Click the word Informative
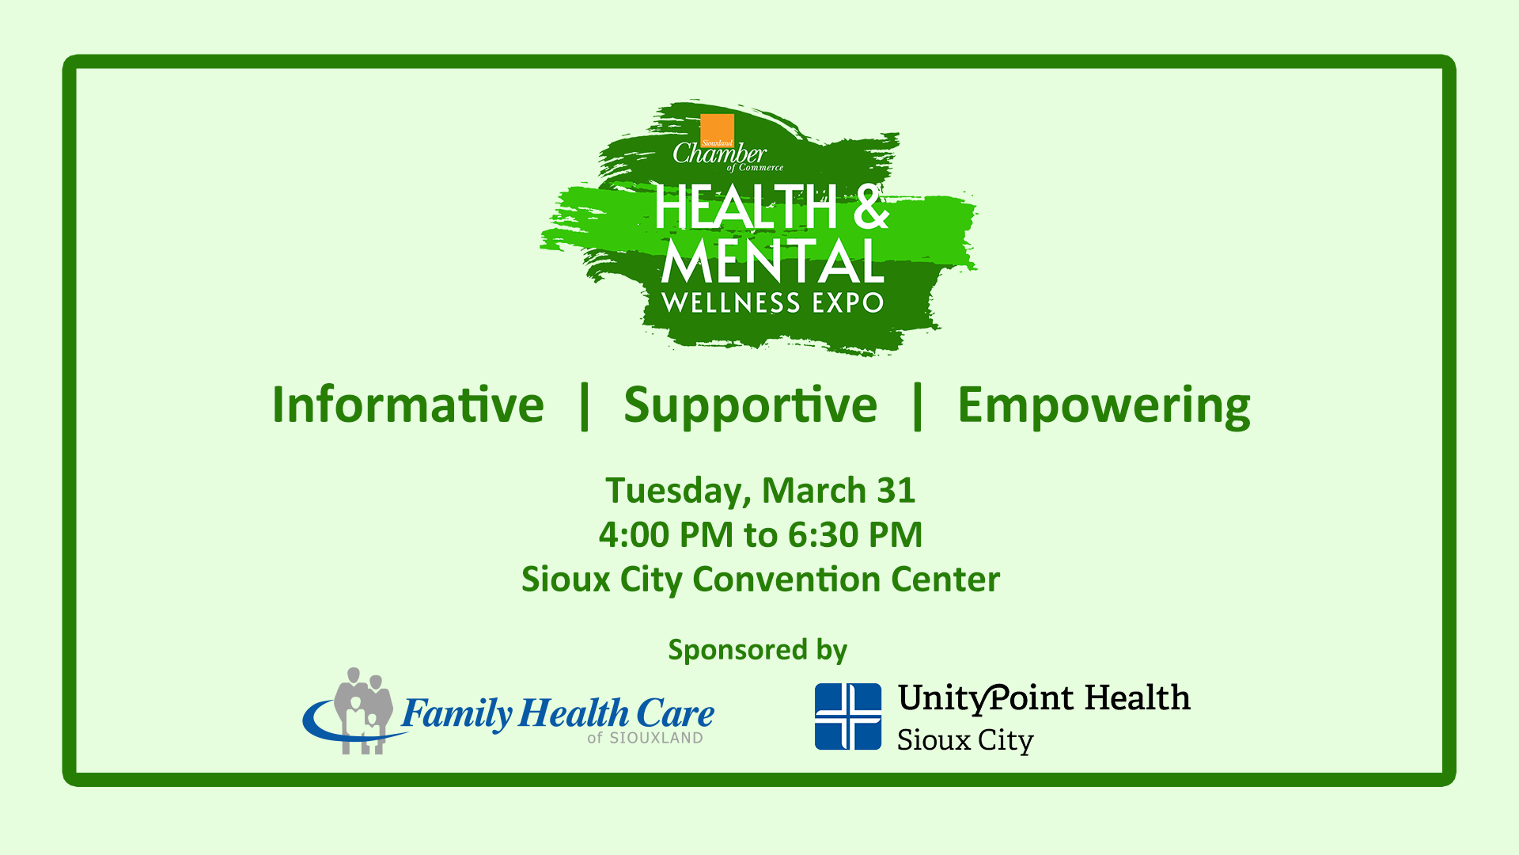pyautogui.click(x=407, y=405)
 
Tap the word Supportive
pyautogui.click(x=750, y=405)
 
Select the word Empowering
pyautogui.click(x=1104, y=405)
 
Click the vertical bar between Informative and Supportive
pyautogui.click(x=585, y=406)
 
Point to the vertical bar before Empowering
pyautogui.click(x=918, y=406)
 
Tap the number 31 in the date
pyautogui.click(x=896, y=491)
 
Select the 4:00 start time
pyautogui.click(x=634, y=535)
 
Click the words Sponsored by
pyautogui.click(x=758, y=650)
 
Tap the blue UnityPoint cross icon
pyautogui.click(x=848, y=716)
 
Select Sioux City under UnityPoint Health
pyautogui.click(x=965, y=741)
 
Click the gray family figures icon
pyautogui.click(x=362, y=709)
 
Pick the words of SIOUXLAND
pyautogui.click(x=645, y=738)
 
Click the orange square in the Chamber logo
pyautogui.click(x=717, y=129)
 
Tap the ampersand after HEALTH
pyautogui.click(x=870, y=207)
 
